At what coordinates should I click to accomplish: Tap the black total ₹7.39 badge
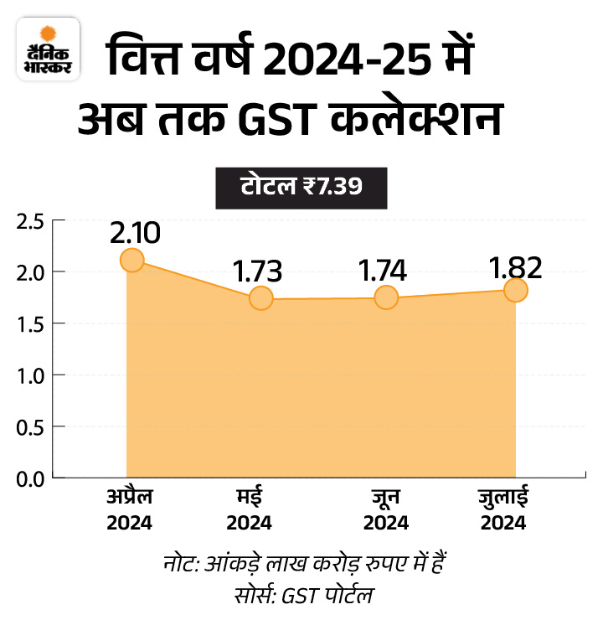(x=301, y=185)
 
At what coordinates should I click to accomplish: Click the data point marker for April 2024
(x=131, y=260)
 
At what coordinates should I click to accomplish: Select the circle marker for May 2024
(x=261, y=297)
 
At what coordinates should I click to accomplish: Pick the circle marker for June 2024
(x=386, y=297)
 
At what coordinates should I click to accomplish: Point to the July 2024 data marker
(x=516, y=290)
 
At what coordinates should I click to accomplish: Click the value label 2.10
(x=134, y=233)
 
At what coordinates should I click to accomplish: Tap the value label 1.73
(x=257, y=271)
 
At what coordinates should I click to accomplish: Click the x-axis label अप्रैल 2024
(x=129, y=509)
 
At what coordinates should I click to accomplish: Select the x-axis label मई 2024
(x=249, y=509)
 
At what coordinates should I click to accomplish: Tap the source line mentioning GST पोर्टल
(x=301, y=597)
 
